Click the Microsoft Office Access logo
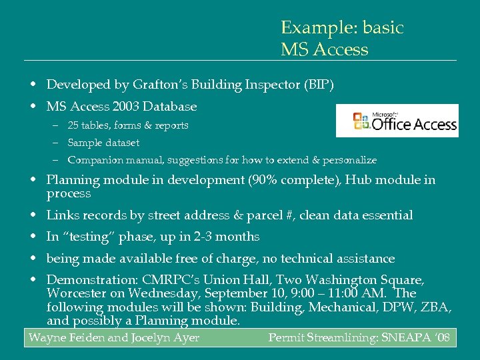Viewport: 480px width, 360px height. click(397, 121)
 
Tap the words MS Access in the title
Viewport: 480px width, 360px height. click(324, 50)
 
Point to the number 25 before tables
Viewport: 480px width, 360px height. click(73, 125)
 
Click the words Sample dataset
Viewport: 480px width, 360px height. click(103, 143)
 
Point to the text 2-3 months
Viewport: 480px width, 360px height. click(221, 237)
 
